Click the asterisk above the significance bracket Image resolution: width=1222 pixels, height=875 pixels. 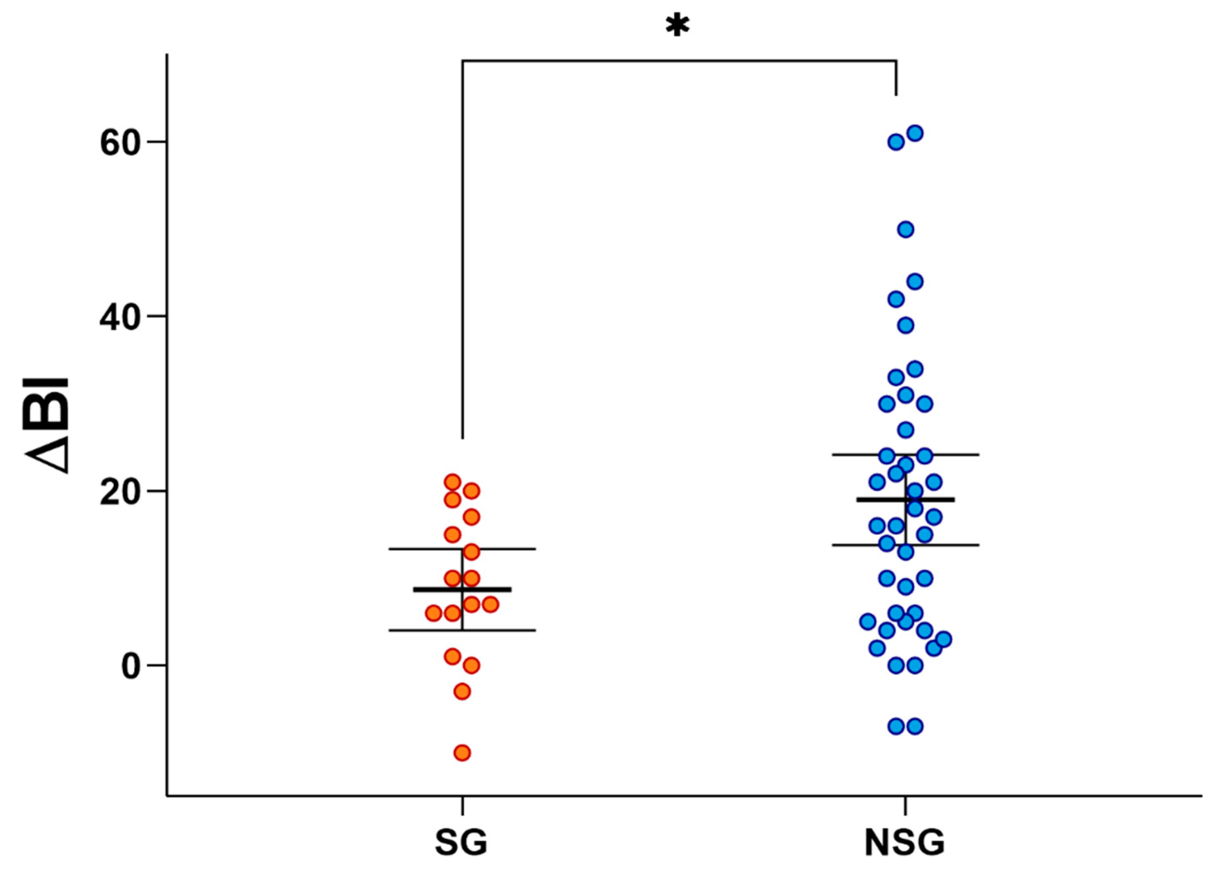click(x=677, y=25)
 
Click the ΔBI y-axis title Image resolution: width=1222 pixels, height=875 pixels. click(x=48, y=426)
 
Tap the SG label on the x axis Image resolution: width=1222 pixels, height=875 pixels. click(x=461, y=842)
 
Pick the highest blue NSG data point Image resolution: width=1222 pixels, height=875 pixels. click(x=915, y=133)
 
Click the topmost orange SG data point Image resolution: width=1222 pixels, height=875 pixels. click(x=453, y=482)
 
